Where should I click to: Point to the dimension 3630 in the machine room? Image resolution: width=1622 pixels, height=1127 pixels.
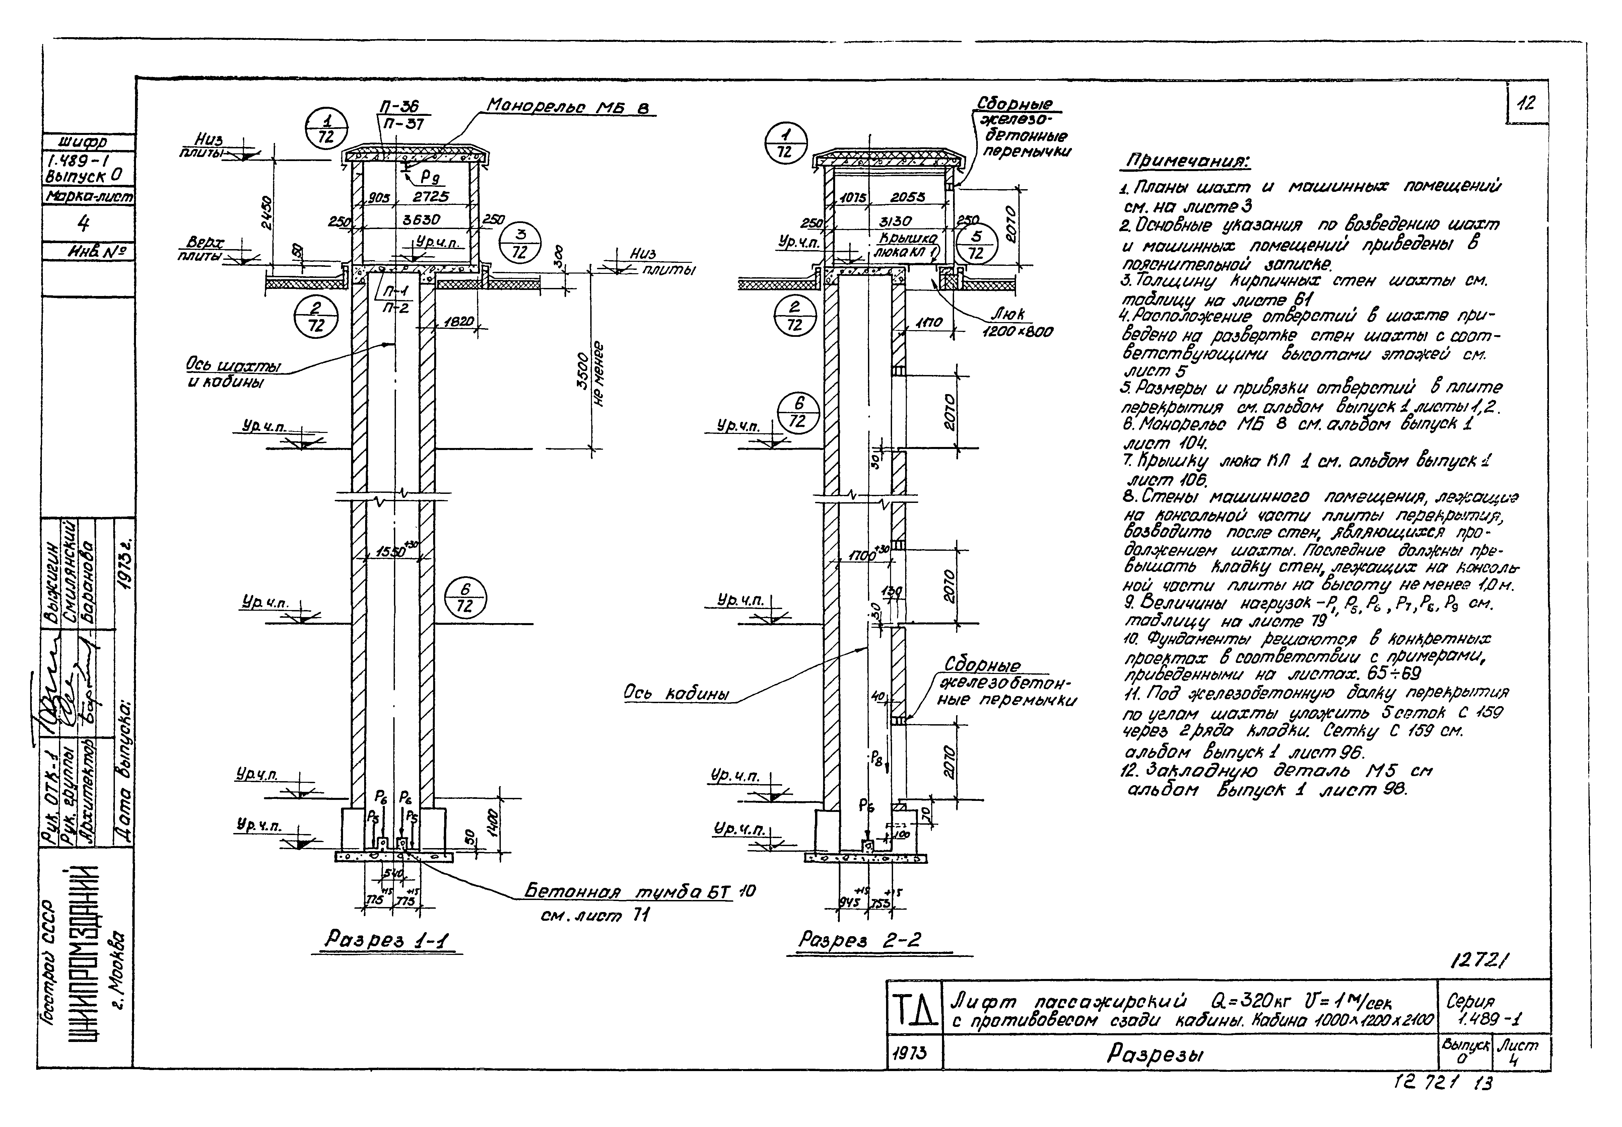(422, 220)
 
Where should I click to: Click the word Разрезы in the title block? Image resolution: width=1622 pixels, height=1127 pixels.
(1154, 1054)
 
